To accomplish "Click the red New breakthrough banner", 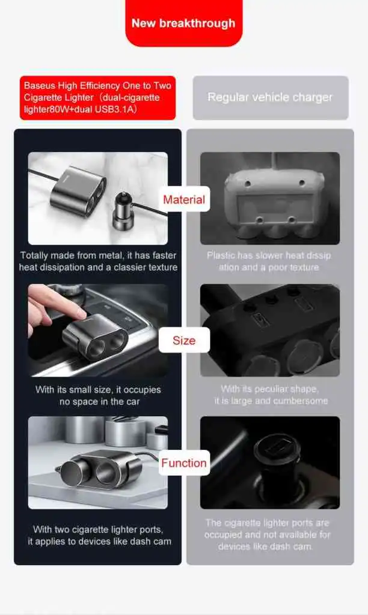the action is (184, 23).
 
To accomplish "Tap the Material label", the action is (184, 199).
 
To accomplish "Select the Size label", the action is (184, 340).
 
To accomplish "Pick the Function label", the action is (184, 463).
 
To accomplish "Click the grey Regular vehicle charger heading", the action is (271, 98).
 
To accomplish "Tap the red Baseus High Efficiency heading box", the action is (98, 98).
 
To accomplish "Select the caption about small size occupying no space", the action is (98, 395).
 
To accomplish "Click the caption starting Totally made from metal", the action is (98, 261).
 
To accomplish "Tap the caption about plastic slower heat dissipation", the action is (269, 261).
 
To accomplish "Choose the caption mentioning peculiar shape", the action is (271, 395).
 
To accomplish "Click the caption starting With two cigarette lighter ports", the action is (99, 535).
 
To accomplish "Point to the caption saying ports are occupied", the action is (268, 534).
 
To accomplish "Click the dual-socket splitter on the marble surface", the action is (78, 190).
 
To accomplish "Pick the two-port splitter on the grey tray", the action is (100, 468).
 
